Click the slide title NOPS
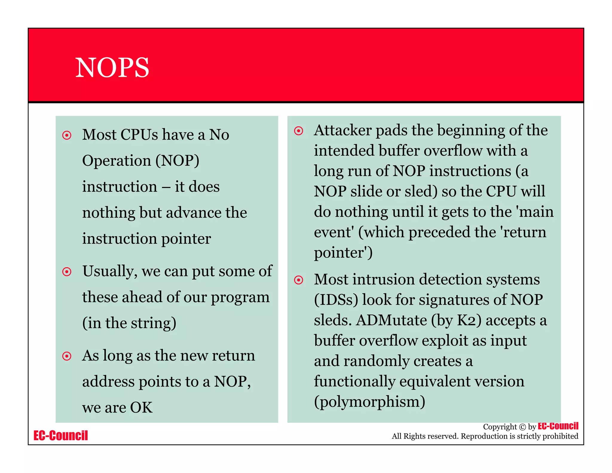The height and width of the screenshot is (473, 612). coord(112,68)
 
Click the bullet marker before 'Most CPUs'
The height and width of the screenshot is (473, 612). coord(67,135)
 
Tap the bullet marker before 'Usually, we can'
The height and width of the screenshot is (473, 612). coord(67,272)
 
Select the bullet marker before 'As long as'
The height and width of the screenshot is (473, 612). coord(67,356)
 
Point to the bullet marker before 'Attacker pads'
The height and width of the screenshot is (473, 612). coord(299,131)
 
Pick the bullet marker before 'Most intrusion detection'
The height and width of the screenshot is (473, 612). coord(299,280)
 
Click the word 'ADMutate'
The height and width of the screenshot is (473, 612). coord(391,320)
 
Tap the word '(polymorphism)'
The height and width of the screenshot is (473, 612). coord(369,402)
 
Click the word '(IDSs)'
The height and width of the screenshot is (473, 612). coord(336,300)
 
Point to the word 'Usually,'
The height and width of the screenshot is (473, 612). coord(110,271)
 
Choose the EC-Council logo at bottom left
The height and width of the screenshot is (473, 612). coord(61,435)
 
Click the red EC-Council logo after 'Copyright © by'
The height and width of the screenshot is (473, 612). coord(558,426)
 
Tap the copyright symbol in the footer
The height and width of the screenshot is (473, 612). coord(522,427)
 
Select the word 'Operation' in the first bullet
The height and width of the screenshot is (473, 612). coord(117,161)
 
